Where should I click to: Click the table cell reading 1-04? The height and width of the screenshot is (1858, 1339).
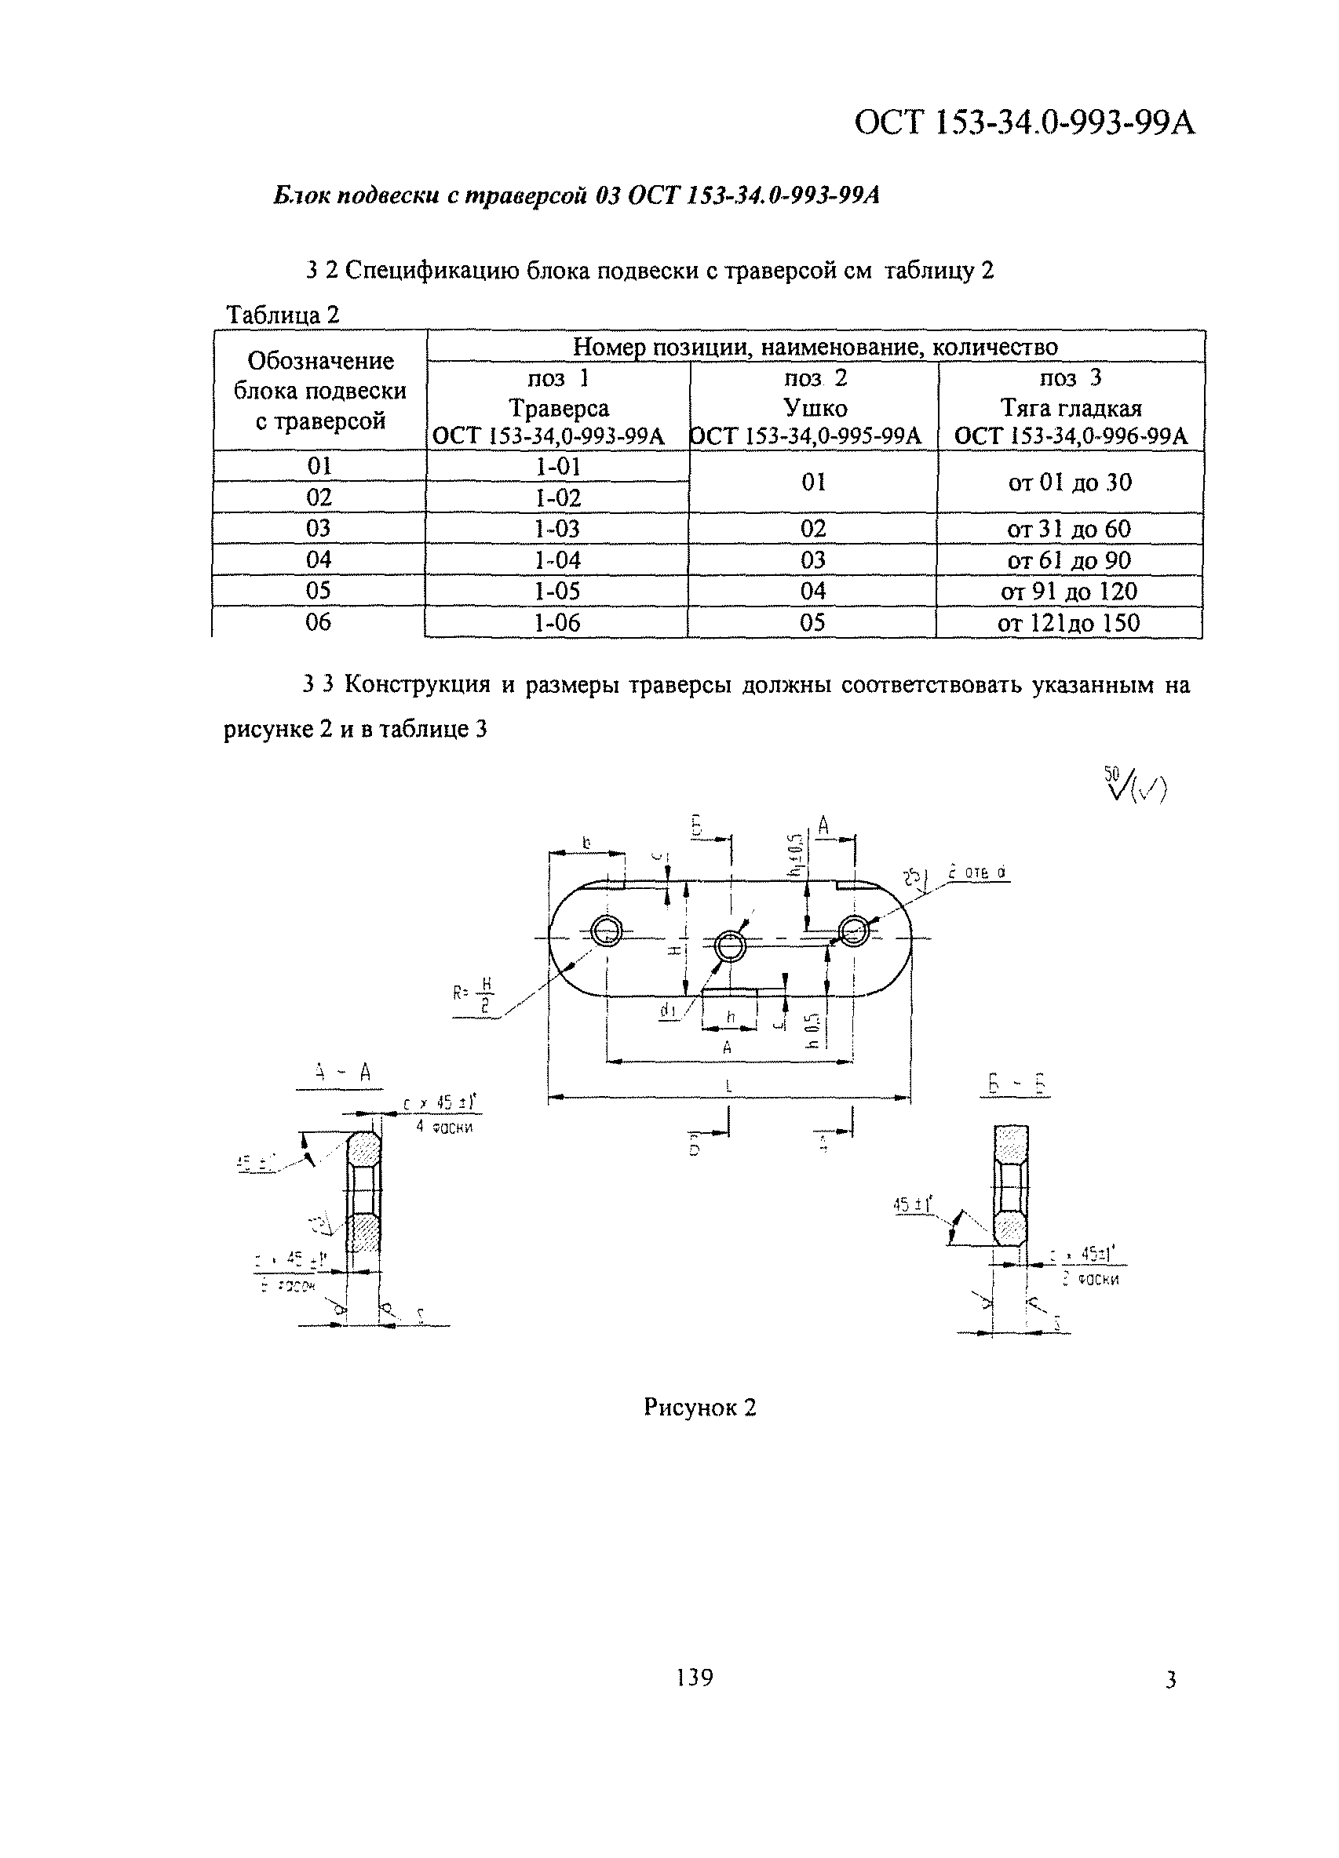tap(557, 560)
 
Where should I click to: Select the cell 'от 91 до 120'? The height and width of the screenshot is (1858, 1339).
tap(1068, 592)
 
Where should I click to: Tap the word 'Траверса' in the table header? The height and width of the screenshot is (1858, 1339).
tap(558, 408)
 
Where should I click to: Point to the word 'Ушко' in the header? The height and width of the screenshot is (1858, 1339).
tap(815, 408)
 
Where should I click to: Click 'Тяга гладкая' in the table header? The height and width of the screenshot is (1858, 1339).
tap(1071, 408)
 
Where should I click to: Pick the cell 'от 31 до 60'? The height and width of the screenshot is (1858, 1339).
tap(1068, 529)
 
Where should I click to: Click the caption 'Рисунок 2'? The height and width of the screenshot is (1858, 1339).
tap(699, 1408)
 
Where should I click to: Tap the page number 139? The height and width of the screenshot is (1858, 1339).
tap(695, 1677)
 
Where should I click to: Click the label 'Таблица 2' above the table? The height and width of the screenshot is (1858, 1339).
tap(283, 315)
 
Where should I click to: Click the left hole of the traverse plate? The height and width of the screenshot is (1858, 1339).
tap(607, 931)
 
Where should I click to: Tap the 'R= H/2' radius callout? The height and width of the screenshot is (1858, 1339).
tap(475, 996)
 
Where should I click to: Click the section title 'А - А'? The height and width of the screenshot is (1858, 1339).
tap(342, 1073)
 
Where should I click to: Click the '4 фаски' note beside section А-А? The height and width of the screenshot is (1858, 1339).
tap(444, 1128)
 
